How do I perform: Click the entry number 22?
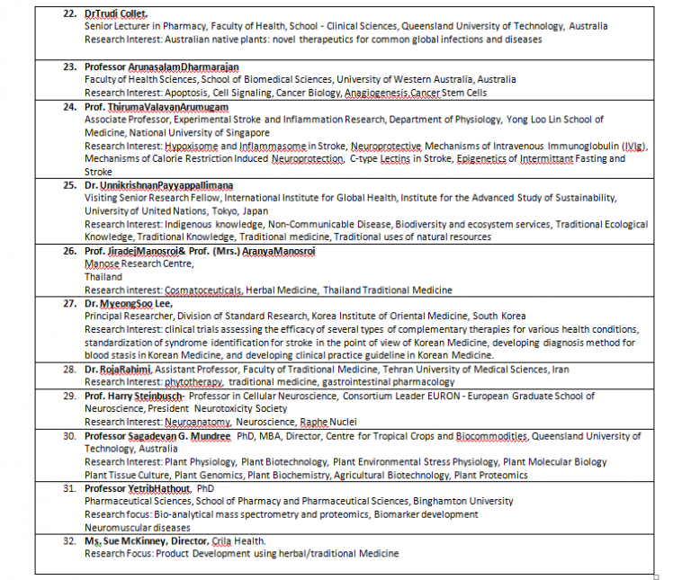click(x=68, y=14)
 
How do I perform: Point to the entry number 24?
click(x=68, y=106)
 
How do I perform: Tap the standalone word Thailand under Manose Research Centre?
click(x=103, y=277)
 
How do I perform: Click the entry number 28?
click(x=68, y=369)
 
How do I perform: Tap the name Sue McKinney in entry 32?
click(x=130, y=540)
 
